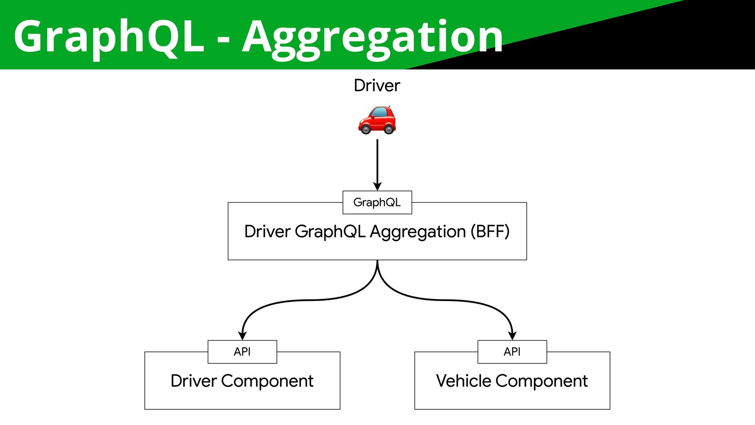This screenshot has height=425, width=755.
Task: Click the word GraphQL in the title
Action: [x=109, y=37]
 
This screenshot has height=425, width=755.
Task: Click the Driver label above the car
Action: [x=377, y=85]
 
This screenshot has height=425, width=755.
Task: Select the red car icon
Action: [x=377, y=120]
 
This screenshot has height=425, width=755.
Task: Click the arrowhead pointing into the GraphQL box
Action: [x=377, y=186]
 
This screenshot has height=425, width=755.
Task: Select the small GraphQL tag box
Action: [x=377, y=202]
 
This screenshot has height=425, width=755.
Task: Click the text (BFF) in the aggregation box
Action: [x=490, y=231]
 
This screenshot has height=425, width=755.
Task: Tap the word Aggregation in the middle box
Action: [x=418, y=232]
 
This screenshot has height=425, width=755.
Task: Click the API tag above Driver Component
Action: [x=242, y=351]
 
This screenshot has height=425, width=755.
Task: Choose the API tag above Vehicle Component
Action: [x=512, y=351]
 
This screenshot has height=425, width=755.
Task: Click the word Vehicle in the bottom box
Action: [x=464, y=381]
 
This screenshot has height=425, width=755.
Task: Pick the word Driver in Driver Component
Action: [x=193, y=381]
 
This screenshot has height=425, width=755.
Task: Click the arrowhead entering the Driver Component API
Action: [x=243, y=335]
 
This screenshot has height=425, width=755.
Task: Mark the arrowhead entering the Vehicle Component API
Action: [x=512, y=335]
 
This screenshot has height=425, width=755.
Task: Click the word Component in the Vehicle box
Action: [x=541, y=381]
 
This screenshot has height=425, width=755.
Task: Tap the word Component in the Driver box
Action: [x=267, y=381]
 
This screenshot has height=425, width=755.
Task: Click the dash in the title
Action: [x=223, y=39]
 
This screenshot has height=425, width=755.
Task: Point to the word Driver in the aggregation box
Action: [x=267, y=231]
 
